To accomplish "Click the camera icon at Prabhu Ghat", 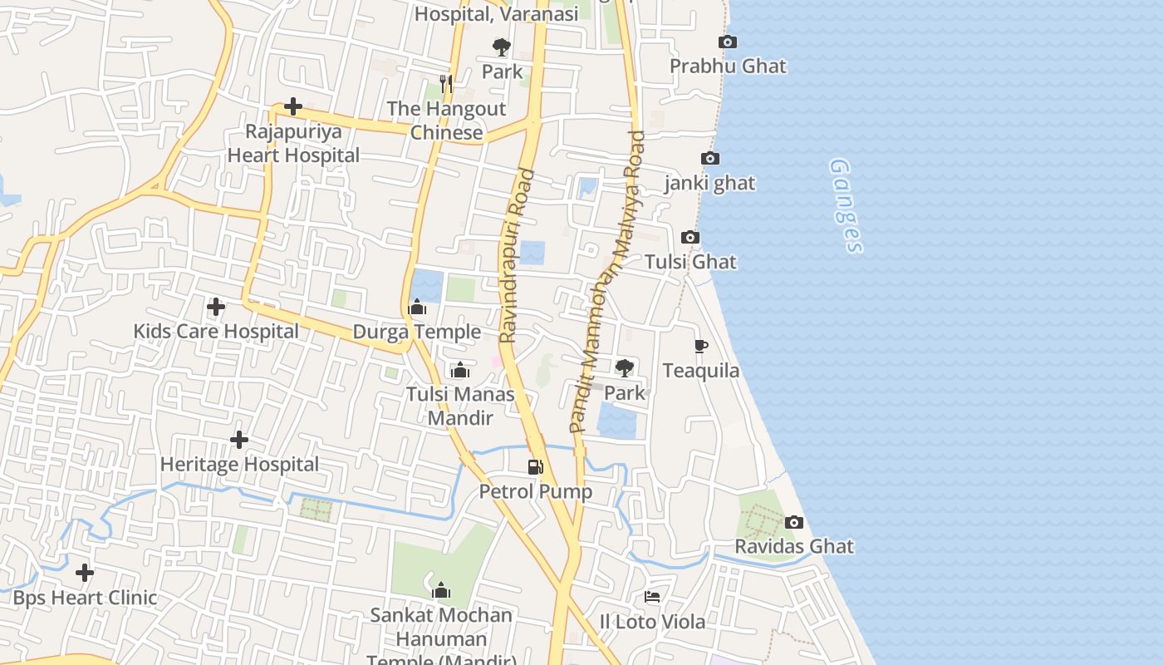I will coord(728,42).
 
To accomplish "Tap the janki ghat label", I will coord(709,183).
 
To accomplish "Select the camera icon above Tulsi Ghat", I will coord(690,238).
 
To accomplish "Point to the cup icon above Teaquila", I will coord(700,347).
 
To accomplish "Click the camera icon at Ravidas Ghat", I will coord(794,523).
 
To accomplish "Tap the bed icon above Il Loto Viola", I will coord(652,597).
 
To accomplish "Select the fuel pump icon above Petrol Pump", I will coord(536,467).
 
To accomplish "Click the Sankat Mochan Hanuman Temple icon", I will coord(441,591).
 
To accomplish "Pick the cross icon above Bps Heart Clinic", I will coord(85,573).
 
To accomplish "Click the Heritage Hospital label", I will coord(239,464).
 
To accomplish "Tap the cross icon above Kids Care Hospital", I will coord(216,307).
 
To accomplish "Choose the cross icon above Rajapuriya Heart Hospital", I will coord(293,106).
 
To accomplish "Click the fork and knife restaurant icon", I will coord(446,83).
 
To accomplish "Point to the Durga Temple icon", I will coord(417,308).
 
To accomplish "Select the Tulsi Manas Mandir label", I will coord(460,406).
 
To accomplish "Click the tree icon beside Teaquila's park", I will coord(624,367).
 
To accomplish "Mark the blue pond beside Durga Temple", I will coord(427,285).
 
